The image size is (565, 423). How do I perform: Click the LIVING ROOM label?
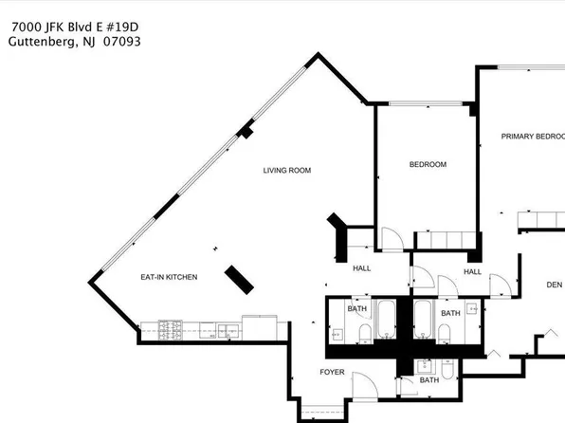tap(287, 171)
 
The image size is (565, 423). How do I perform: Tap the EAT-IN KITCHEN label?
tap(169, 277)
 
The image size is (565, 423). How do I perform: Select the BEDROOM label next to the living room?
tap(428, 165)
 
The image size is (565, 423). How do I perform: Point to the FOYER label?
tap(332, 372)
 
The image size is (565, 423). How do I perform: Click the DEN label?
tap(555, 284)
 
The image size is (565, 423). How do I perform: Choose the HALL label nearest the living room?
tap(362, 268)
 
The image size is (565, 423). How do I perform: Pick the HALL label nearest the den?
tap(473, 272)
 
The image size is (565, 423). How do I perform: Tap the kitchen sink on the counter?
tap(228, 330)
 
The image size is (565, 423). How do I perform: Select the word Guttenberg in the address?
tap(44, 42)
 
